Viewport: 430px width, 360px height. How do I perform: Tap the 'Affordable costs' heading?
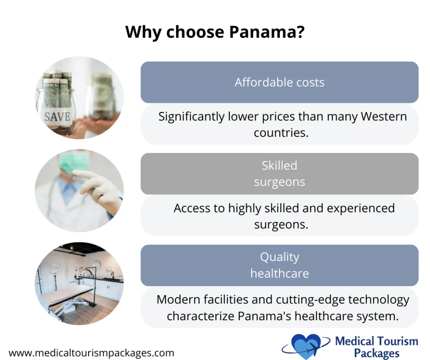279,82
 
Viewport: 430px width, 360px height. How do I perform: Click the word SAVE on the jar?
58,116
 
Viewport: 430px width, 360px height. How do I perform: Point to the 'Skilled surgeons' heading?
279,174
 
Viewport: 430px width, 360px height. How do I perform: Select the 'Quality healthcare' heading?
279,265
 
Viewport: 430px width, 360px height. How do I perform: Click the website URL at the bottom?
91,353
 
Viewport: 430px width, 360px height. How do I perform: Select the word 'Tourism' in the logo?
397,341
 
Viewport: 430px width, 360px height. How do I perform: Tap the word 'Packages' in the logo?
377,353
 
